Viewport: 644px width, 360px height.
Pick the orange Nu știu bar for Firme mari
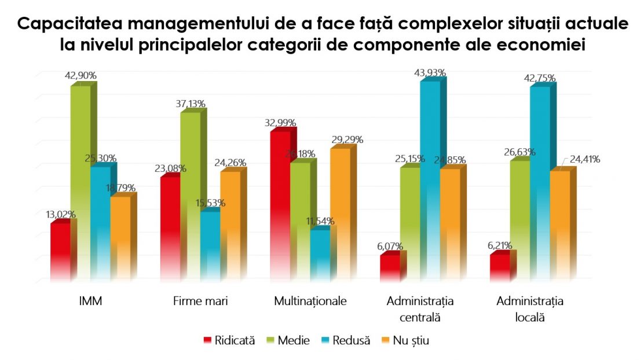[x=230, y=226]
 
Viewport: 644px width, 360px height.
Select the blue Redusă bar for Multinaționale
[x=320, y=255]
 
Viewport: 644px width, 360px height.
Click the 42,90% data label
[x=80, y=75]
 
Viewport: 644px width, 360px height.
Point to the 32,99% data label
[x=280, y=123]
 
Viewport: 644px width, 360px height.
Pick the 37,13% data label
[x=189, y=104]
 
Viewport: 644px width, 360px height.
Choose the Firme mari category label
[x=200, y=302]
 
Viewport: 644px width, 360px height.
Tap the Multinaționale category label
[x=310, y=302]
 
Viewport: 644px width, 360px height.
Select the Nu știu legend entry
[x=411, y=341]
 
